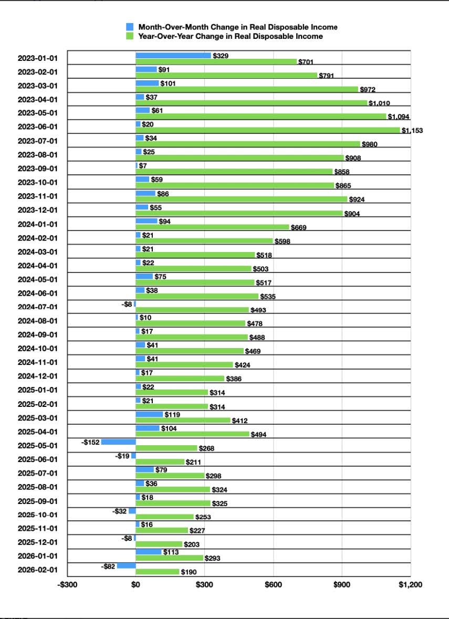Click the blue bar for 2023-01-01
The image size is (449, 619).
point(173,55)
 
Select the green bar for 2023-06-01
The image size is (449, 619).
point(268,130)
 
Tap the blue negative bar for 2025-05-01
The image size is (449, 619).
point(118,442)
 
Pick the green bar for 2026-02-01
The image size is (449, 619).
point(157,571)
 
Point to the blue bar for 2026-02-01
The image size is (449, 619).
point(126,565)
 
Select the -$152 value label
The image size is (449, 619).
point(90,442)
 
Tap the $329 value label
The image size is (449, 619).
point(221,56)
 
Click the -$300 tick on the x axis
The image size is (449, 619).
point(67,584)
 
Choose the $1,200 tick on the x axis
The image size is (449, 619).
point(410,584)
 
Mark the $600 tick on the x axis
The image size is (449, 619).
point(273,584)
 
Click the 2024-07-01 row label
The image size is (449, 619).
point(38,307)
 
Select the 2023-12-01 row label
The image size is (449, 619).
point(38,209)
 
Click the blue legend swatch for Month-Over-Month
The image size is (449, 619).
point(130,27)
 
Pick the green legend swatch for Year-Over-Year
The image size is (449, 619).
point(130,36)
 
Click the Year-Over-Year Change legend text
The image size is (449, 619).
point(230,36)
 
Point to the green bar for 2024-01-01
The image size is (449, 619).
point(212,227)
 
